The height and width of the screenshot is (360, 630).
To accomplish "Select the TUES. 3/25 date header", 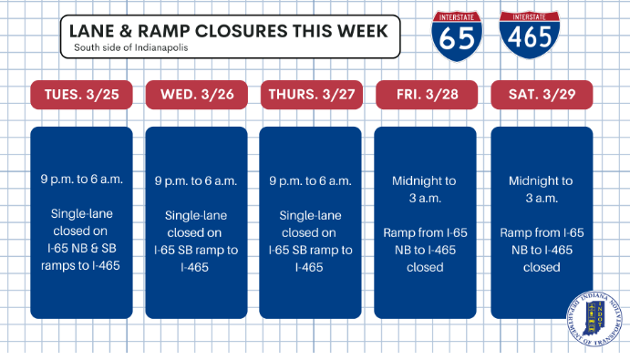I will tap(81, 95).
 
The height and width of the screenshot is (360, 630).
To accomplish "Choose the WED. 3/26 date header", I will tap(196, 95).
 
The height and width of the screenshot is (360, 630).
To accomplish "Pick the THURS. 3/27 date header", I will tap(311, 95).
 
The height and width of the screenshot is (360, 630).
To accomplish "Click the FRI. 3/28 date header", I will tap(426, 95).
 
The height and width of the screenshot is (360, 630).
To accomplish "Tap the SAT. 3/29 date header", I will tap(542, 95).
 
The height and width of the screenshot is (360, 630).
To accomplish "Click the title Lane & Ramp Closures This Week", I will tap(229, 31).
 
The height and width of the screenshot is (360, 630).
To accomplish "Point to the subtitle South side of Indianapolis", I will tap(131, 48).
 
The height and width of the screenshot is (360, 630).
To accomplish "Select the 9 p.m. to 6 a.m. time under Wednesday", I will tap(196, 180).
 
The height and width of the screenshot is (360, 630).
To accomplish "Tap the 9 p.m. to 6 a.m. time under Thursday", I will tap(311, 180).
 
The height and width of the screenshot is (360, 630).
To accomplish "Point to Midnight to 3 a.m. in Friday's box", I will tap(426, 189).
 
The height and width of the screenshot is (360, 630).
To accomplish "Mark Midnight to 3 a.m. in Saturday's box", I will tap(542, 189).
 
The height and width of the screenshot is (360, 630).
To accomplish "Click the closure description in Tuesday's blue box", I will tap(81, 240).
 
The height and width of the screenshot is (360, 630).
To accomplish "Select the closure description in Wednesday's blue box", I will tap(196, 241).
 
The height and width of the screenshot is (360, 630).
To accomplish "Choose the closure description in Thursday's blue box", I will tap(311, 241).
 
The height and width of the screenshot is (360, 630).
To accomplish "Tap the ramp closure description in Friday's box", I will tap(426, 250).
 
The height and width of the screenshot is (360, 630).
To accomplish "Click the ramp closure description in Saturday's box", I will tap(542, 250).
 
